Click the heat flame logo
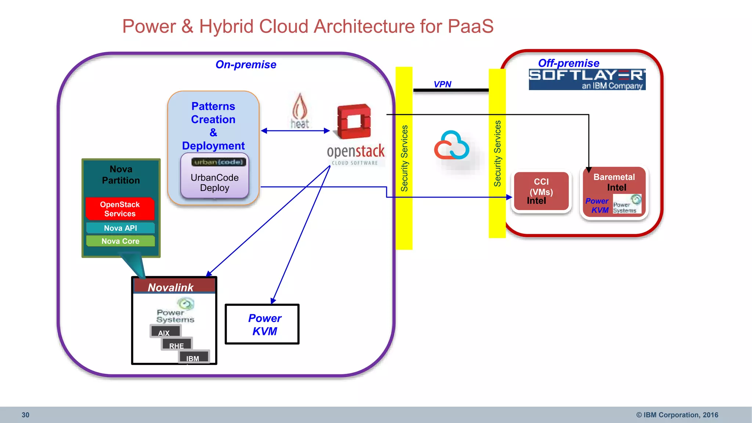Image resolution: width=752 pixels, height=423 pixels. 300,110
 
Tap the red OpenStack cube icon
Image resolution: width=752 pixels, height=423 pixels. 354,122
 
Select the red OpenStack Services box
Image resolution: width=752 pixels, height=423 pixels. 120,209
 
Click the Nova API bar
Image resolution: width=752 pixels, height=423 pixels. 120,228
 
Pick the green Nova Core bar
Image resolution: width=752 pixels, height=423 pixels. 120,241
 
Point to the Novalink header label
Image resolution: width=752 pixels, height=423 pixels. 170,287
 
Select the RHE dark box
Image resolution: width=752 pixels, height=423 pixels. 177,344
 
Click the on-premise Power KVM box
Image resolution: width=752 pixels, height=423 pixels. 262,324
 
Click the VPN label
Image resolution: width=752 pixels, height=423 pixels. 442,84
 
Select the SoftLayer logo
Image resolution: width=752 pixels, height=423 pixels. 587,79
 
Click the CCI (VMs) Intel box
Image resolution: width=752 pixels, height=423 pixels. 541,191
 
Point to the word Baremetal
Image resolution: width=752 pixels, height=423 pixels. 614,177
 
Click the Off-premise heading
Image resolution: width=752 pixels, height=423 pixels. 568,63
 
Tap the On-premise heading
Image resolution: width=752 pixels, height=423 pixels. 246,65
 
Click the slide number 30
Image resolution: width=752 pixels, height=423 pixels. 25,415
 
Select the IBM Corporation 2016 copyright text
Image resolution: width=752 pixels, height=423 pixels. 677,415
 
